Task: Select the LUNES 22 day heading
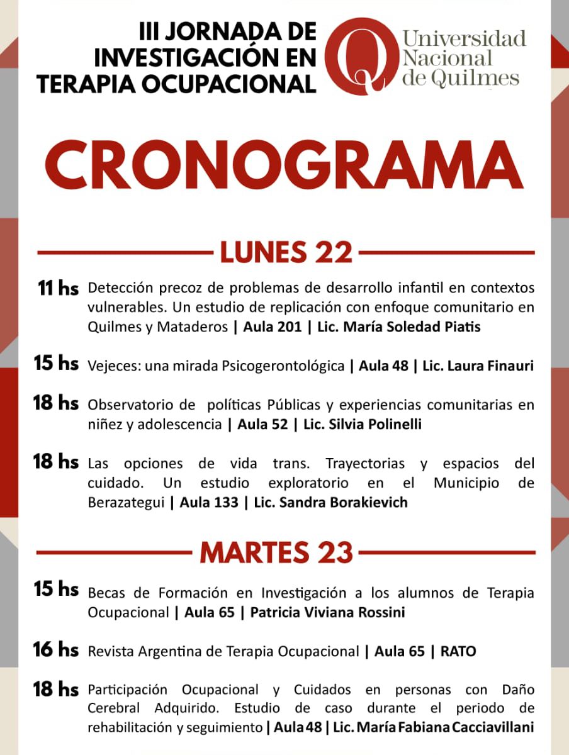click(x=286, y=253)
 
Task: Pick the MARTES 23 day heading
click(x=276, y=552)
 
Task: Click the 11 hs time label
click(x=58, y=289)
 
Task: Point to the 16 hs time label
click(x=56, y=650)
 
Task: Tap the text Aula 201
click(x=268, y=328)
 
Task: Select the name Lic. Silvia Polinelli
click(x=362, y=425)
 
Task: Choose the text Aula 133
click(x=209, y=503)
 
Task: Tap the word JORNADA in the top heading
click(x=213, y=31)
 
